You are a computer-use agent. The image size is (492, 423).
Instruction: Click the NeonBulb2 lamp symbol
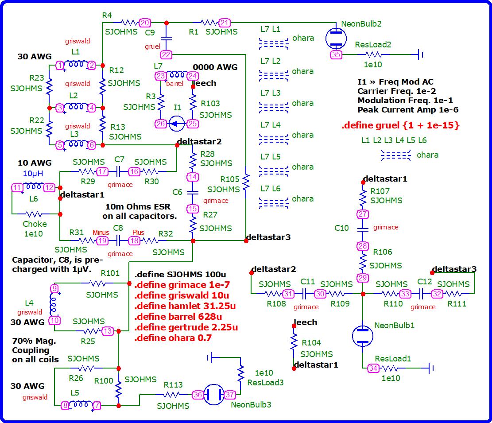click(336, 38)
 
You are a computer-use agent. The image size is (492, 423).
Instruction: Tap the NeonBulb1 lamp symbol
click(363, 336)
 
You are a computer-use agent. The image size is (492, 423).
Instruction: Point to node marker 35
click(336, 55)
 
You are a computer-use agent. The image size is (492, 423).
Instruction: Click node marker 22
click(166, 54)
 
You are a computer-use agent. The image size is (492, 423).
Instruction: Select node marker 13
click(108, 331)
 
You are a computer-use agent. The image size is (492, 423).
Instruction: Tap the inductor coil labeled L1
click(75, 65)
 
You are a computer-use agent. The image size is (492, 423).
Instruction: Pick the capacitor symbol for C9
click(166, 39)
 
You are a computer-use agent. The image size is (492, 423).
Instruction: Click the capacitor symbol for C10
click(363, 229)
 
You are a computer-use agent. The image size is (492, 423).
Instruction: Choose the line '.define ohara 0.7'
click(173, 338)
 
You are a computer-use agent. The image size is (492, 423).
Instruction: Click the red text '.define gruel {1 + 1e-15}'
click(400, 125)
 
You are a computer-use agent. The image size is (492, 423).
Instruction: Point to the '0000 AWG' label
click(215, 67)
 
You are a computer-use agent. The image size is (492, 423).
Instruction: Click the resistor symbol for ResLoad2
click(373, 55)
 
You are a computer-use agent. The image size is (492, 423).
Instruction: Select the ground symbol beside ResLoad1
click(432, 368)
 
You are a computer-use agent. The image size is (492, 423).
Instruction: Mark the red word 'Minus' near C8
click(101, 233)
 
